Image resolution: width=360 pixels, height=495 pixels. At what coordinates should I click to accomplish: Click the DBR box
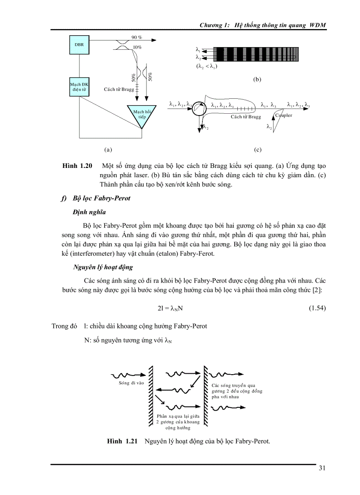point(80,45)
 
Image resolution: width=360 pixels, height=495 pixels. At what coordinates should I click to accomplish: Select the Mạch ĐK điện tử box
point(79,86)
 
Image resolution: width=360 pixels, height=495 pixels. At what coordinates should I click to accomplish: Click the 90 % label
point(137,37)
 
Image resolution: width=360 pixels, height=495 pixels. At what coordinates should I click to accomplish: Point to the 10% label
point(137,47)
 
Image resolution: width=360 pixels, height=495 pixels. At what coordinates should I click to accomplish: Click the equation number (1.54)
point(316,308)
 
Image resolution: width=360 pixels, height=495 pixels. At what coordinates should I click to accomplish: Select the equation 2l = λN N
point(170,309)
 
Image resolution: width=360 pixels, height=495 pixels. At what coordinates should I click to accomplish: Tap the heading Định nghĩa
point(89,212)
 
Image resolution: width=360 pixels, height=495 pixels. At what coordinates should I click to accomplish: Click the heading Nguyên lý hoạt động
point(103,267)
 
